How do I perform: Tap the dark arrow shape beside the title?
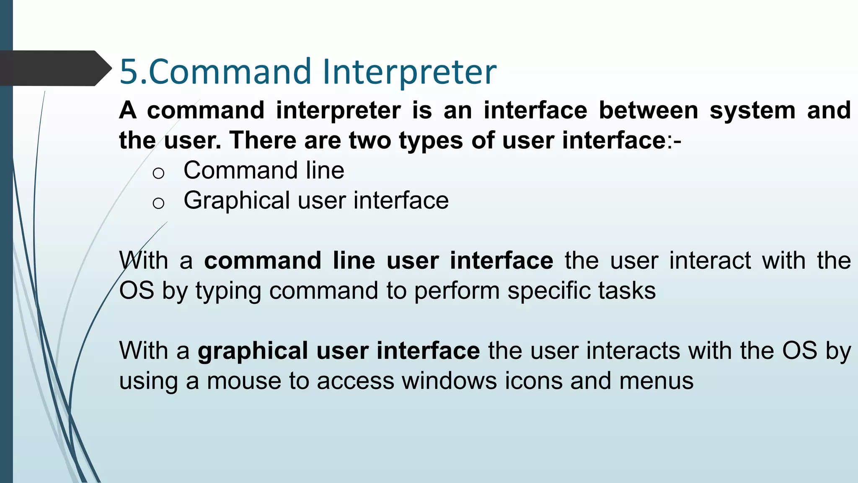pos(54,68)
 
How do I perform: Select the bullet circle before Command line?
pos(158,173)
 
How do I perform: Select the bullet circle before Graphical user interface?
pos(158,203)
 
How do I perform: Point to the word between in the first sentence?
pos(648,110)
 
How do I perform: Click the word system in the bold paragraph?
pos(752,111)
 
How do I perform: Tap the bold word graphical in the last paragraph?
pos(253,351)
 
